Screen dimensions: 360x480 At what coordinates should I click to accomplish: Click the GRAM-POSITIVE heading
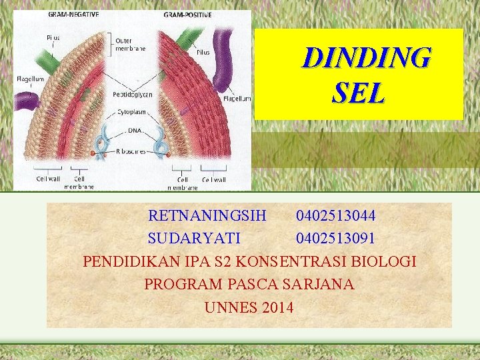188,13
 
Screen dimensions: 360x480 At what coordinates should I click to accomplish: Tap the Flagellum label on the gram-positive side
237,99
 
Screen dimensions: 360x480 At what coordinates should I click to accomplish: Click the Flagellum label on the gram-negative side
31,79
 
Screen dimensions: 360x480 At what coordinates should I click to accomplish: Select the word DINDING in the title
366,58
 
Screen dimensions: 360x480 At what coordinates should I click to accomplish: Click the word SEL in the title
358,93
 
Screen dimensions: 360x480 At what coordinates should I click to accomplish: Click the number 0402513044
335,216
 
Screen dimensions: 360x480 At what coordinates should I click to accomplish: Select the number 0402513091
335,238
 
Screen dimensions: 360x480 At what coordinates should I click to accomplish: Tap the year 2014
278,307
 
